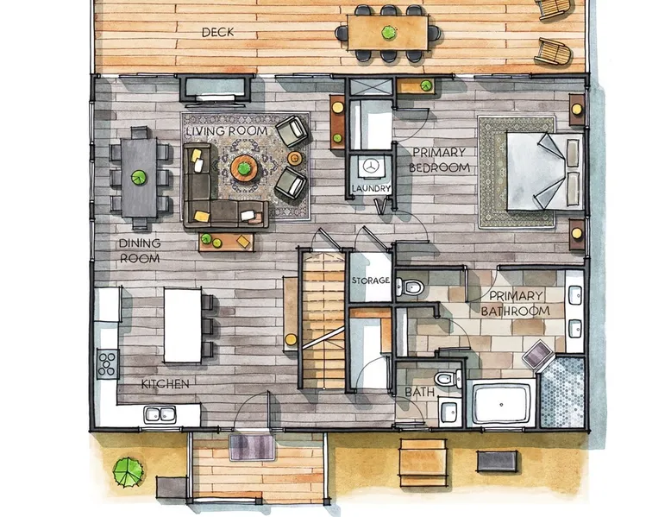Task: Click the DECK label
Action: click(x=218, y=32)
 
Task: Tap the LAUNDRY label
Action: click(x=371, y=188)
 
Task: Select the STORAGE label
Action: click(x=371, y=281)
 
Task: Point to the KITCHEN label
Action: click(x=166, y=384)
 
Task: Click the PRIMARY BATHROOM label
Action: click(x=516, y=303)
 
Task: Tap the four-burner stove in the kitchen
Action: click(x=108, y=364)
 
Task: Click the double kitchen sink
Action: click(x=160, y=414)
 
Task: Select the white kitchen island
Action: click(x=183, y=325)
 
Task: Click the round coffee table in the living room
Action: click(x=244, y=169)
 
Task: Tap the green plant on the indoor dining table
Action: click(x=139, y=177)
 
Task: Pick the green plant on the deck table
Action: click(x=389, y=33)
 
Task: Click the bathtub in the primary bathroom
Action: click(x=502, y=403)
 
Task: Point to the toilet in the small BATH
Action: click(x=448, y=378)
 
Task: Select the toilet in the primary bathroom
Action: click(x=410, y=287)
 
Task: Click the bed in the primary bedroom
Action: click(x=545, y=172)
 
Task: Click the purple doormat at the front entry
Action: click(x=252, y=447)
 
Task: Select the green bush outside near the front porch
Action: click(x=128, y=472)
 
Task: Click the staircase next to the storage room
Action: click(x=324, y=319)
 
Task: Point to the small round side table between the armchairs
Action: click(x=294, y=159)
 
